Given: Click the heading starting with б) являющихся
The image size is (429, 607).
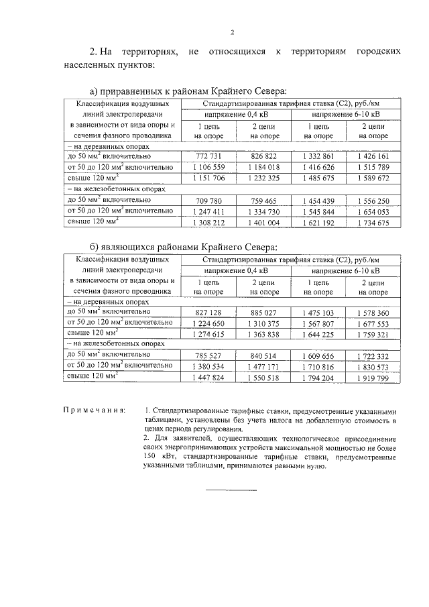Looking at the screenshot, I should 182,248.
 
